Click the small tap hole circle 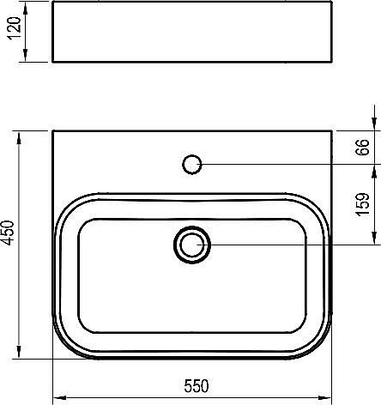click(x=192, y=162)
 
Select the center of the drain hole click(x=191, y=245)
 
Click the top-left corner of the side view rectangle click(x=53, y=3)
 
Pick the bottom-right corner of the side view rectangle click(x=330, y=63)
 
